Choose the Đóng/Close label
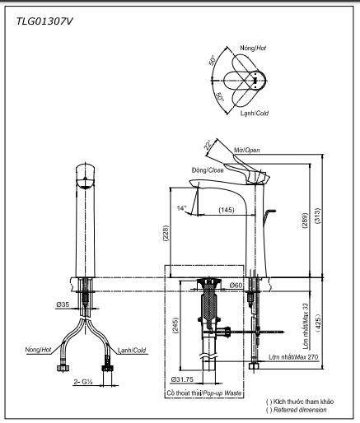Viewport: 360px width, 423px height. point(207,170)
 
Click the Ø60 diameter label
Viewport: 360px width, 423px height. point(235,285)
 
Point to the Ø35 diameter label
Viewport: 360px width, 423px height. point(63,304)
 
